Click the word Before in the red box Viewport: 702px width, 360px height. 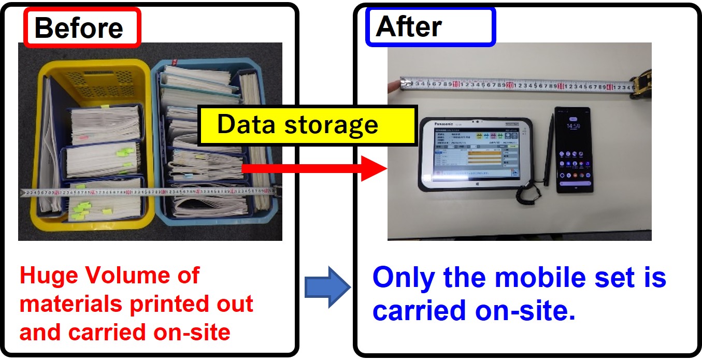(x=79, y=27)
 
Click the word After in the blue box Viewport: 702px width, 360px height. (x=409, y=26)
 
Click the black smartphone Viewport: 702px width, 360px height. (x=572, y=150)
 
